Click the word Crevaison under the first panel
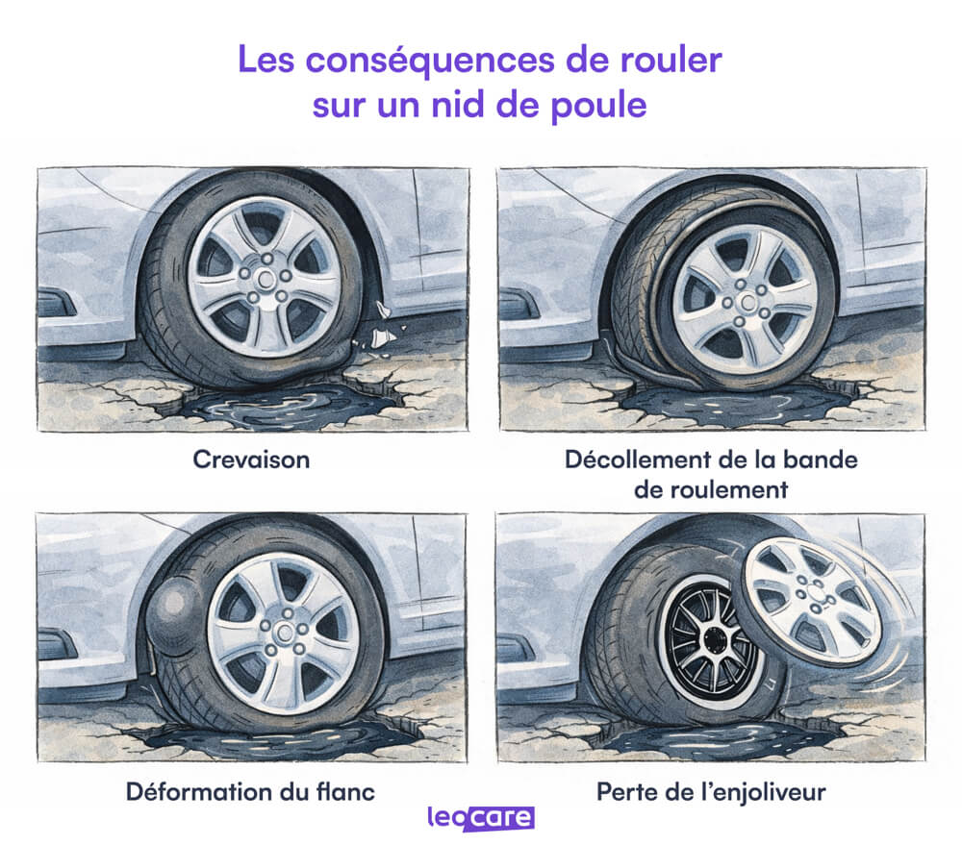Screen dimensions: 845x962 tap(251, 460)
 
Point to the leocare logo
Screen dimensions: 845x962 tap(481, 818)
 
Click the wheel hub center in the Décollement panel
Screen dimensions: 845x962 tap(745, 302)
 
